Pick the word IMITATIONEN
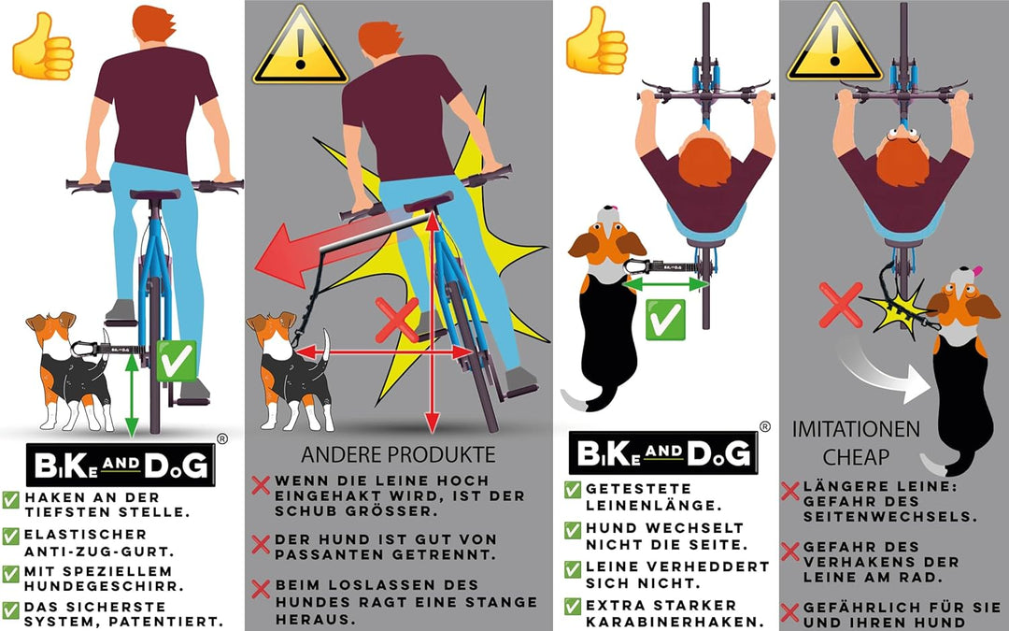pyautogui.click(x=856, y=430)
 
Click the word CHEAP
pyautogui.click(x=856, y=458)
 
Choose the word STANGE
pyautogui.click(x=503, y=602)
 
